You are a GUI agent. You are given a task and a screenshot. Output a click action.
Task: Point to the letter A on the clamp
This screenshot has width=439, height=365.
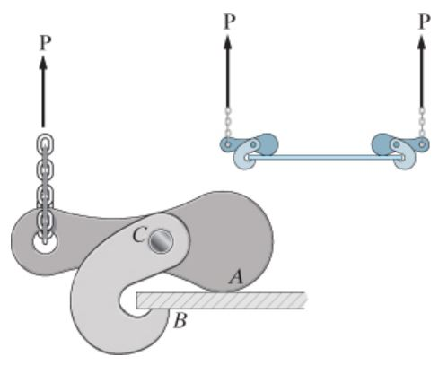[x=236, y=279]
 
